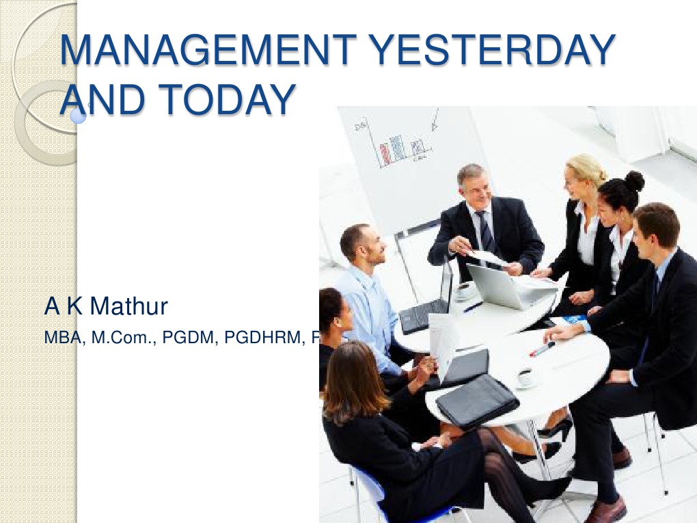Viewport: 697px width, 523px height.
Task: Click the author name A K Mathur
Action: [106, 307]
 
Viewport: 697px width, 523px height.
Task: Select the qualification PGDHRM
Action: [263, 338]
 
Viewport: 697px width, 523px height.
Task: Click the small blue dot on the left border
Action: [79, 118]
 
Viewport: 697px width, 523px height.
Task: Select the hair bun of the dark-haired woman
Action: [634, 180]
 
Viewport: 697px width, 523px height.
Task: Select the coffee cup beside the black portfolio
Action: [525, 377]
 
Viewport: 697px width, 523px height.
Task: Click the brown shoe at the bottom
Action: [605, 510]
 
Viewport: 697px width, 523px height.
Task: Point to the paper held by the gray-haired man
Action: [489, 257]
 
